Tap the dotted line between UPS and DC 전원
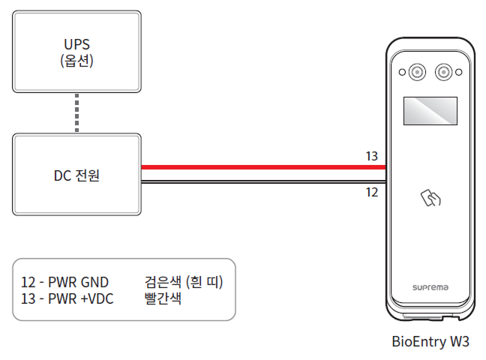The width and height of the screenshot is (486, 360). pos(77,113)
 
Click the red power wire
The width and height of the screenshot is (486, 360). pos(262,168)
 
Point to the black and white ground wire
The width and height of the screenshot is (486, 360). pos(262,181)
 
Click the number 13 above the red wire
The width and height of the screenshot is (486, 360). pos(371,156)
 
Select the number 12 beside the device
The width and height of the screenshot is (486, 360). pos(371,193)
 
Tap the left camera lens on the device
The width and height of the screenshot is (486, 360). pos(416,72)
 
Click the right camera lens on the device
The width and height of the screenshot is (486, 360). pos(445,72)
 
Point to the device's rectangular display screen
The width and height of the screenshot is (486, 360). pos(430,111)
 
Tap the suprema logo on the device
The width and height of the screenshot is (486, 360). pos(430,287)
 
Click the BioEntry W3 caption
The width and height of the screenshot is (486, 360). pos(430,341)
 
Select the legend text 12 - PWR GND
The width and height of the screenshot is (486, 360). pos(65,282)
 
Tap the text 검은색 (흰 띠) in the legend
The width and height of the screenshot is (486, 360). pos(184,282)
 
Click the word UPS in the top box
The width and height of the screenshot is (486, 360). pos(77,43)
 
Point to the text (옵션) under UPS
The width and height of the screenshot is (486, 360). pos(77,61)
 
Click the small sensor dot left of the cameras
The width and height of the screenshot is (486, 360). pos(401,73)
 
